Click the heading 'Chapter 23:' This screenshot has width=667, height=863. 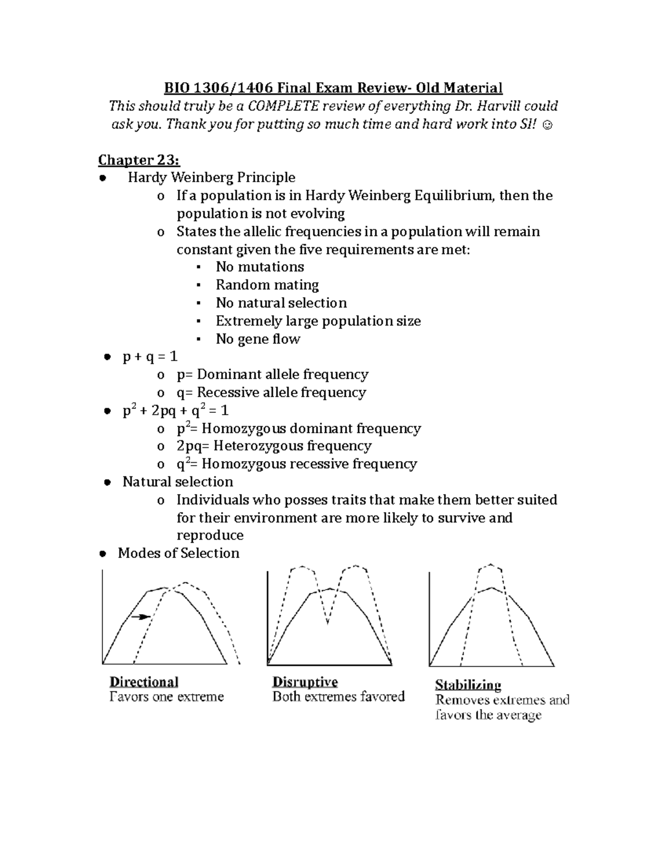(139, 160)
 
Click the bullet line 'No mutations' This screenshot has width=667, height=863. (260, 267)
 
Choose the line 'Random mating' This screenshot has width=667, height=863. (267, 285)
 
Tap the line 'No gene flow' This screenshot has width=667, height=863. (258, 339)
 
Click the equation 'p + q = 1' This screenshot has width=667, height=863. (150, 357)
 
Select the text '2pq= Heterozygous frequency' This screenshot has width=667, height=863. (273, 446)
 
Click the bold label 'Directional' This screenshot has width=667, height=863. (144, 682)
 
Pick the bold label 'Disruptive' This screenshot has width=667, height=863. (305, 682)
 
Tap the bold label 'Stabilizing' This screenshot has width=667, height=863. (468, 685)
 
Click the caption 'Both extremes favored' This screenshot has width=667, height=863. (338, 697)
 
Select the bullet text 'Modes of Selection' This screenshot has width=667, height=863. (178, 553)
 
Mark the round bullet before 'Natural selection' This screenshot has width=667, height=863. (108, 482)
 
